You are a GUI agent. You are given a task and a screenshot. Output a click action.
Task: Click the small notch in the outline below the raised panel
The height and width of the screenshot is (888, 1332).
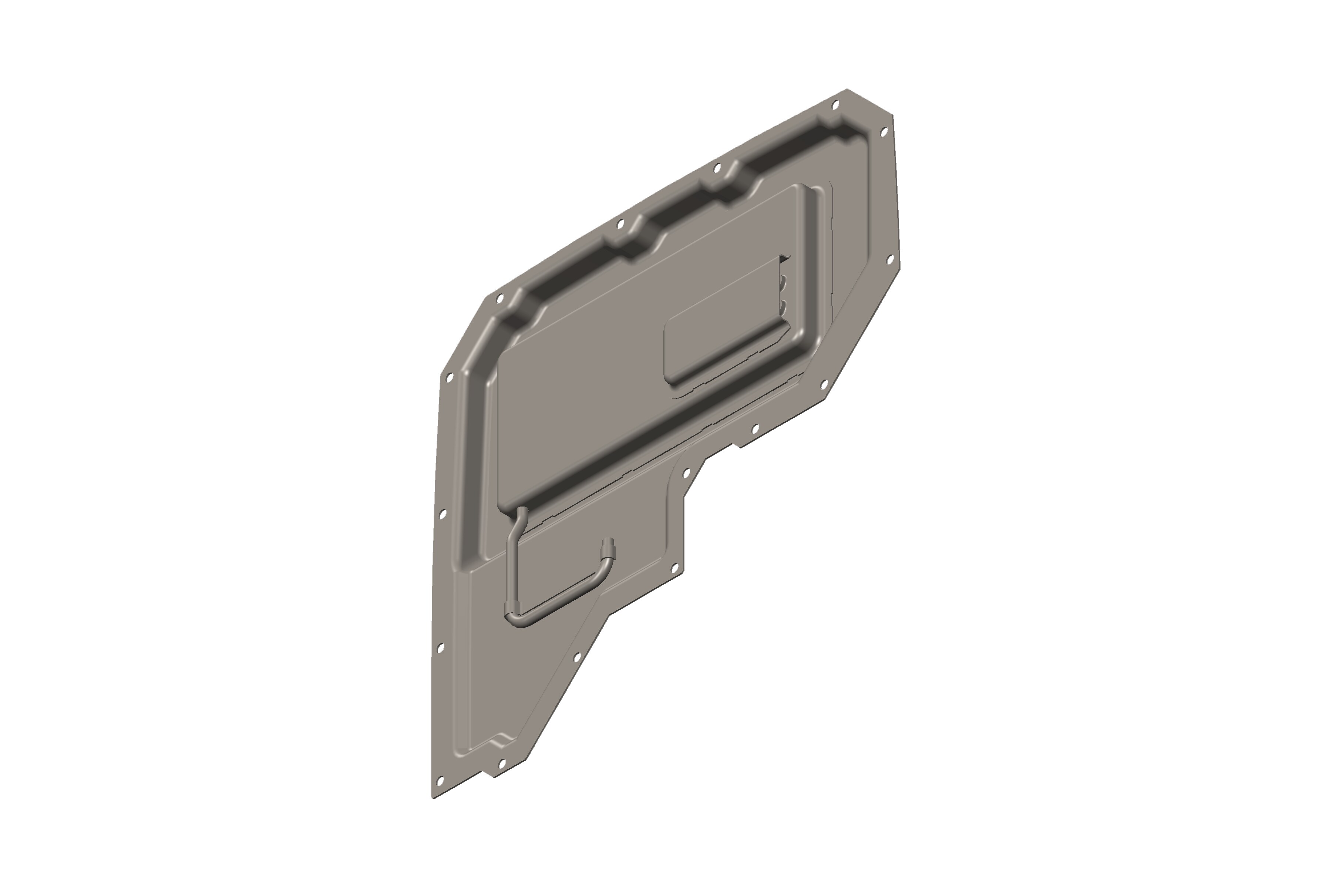737,446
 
